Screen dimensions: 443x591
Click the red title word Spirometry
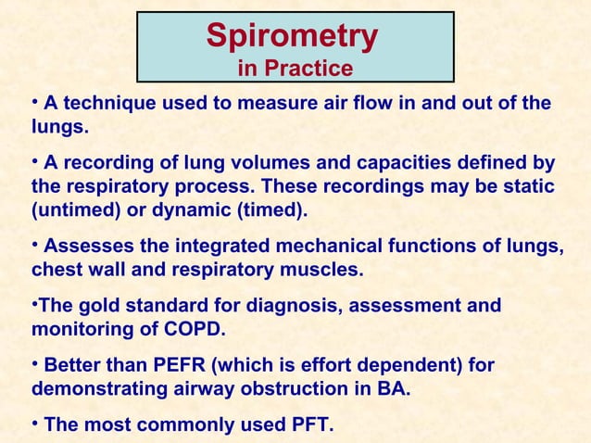click(x=292, y=36)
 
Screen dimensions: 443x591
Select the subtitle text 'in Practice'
click(x=295, y=69)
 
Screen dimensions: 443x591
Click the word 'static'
click(x=525, y=187)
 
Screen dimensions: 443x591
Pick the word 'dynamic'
click(x=198, y=210)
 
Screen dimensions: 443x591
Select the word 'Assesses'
click(x=88, y=247)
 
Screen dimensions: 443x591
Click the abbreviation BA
click(x=394, y=389)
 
